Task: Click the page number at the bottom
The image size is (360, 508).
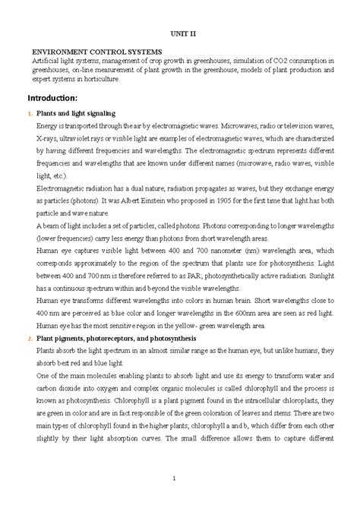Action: (x=174, y=477)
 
